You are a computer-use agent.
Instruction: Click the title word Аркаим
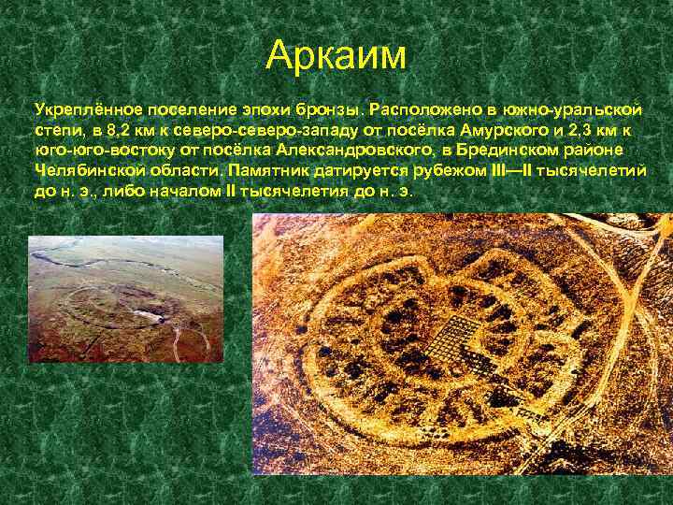(336, 55)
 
